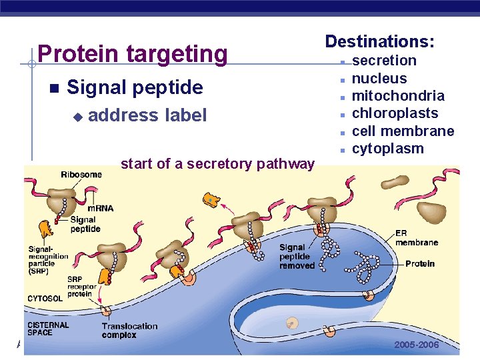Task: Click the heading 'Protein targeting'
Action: [133, 53]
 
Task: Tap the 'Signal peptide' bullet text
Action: [135, 87]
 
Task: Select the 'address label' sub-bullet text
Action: [147, 115]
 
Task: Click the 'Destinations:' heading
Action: [379, 41]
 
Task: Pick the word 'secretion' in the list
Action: [384, 61]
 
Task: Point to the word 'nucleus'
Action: [379, 78]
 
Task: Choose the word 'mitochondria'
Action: [398, 95]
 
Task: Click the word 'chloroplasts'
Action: [395, 113]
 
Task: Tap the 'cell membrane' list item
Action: [403, 131]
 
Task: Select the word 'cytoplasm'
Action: [387, 148]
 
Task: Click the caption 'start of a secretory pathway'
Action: [217, 164]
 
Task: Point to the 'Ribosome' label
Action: [81, 175]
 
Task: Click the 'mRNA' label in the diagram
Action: [100, 208]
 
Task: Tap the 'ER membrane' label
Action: [417, 237]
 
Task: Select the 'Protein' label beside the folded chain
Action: [420, 263]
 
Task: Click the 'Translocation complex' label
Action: [129, 330]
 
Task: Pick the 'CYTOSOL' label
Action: [45, 298]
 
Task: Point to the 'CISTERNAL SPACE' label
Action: [48, 328]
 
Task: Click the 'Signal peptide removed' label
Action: [297, 257]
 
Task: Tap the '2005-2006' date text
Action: [417, 345]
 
